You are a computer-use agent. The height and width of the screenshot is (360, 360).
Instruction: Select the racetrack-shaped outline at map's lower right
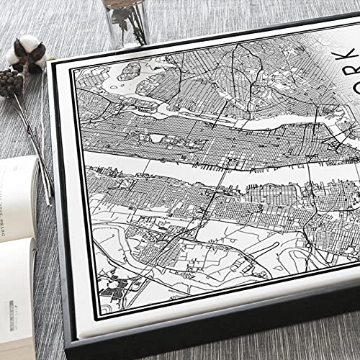click(x=245, y=267)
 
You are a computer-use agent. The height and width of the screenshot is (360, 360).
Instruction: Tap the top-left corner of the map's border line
click(x=73, y=66)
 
